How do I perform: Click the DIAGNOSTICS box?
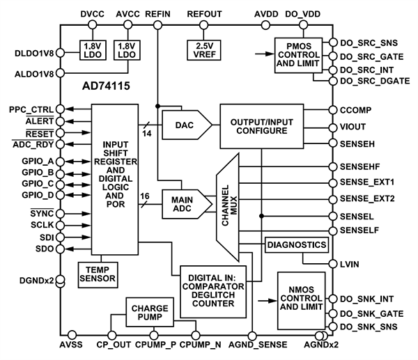coord(295,245)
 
